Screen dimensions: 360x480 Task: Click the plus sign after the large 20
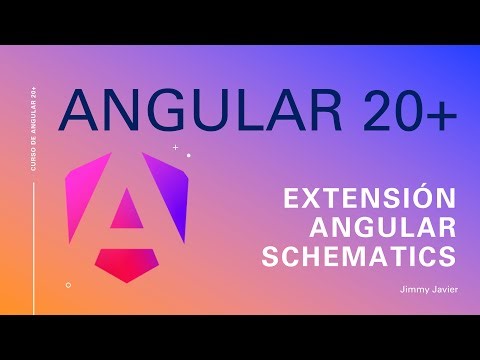(x=439, y=112)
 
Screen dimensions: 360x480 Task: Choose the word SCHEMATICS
(x=357, y=256)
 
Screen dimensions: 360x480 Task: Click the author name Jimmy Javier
(x=423, y=291)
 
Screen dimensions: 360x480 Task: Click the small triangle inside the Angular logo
(x=126, y=209)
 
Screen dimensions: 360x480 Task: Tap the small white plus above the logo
(x=176, y=147)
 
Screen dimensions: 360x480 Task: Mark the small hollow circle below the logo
(x=68, y=284)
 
